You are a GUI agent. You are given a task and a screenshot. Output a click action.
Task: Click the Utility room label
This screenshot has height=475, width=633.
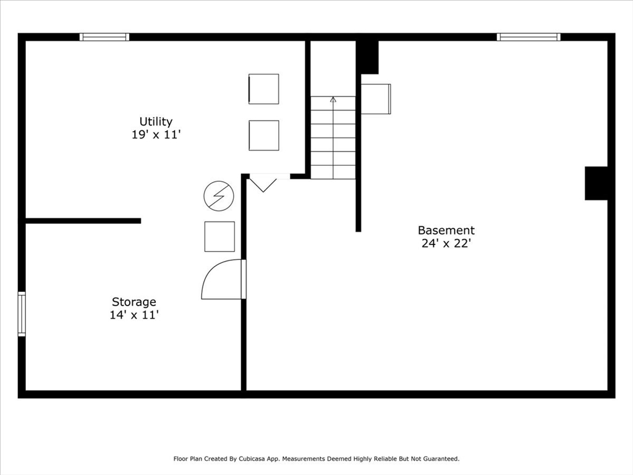tap(156, 121)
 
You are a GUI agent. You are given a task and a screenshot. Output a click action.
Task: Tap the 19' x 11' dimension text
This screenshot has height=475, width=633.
tap(156, 134)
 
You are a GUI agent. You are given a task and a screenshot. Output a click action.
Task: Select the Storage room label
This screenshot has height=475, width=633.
tap(134, 302)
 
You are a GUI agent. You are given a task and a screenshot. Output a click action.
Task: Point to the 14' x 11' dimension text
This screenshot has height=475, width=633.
tap(134, 315)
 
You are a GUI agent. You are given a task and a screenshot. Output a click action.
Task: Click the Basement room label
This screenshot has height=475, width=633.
tap(446, 230)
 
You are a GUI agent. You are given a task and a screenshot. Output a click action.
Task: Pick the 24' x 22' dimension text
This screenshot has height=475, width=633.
tap(446, 243)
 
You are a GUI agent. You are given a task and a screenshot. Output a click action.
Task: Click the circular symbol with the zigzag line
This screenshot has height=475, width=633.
tap(219, 196)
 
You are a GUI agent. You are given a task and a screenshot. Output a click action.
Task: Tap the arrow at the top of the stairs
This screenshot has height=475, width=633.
tap(333, 99)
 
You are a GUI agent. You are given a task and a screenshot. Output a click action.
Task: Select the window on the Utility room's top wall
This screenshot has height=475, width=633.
tap(104, 37)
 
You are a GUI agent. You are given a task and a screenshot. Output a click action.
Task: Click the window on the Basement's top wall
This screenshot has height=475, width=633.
tap(529, 37)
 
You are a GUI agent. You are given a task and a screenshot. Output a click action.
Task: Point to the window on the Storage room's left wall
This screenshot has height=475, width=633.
tap(22, 314)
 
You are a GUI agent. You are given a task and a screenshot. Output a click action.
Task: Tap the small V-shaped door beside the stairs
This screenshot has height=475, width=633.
tap(263, 184)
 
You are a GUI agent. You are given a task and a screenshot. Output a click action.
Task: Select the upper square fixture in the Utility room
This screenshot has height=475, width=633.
tap(264, 89)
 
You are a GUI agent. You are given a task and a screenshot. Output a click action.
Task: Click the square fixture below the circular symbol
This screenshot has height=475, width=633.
tap(219, 236)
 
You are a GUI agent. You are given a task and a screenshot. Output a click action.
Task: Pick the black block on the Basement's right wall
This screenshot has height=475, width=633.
tap(597, 183)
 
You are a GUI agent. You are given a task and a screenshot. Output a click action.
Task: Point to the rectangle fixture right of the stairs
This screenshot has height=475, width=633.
tap(376, 99)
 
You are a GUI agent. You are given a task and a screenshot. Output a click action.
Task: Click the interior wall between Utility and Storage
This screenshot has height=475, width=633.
tap(83, 221)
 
